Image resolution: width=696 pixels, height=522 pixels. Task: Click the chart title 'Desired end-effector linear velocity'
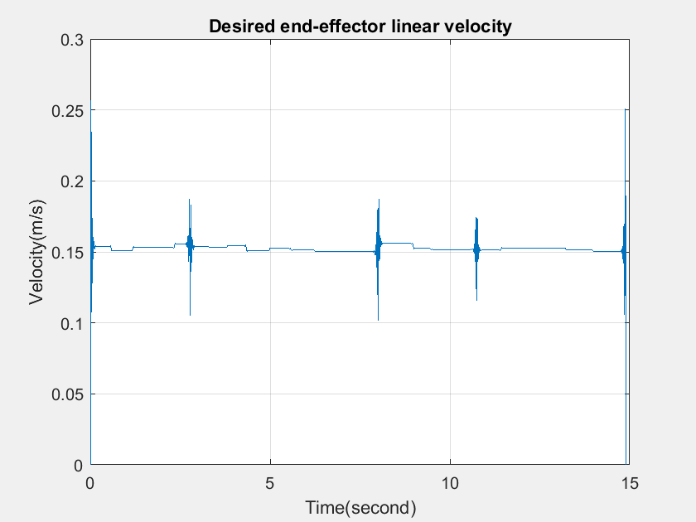(x=360, y=27)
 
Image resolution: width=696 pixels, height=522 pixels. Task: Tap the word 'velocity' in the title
(x=482, y=27)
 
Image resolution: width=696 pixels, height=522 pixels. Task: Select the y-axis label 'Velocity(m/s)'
(x=37, y=253)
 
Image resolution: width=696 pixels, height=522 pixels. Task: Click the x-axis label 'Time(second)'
(x=360, y=506)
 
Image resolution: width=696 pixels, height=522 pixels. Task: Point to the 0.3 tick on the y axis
(x=70, y=40)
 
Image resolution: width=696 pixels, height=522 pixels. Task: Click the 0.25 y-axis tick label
(x=66, y=111)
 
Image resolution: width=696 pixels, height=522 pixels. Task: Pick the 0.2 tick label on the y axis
(x=70, y=181)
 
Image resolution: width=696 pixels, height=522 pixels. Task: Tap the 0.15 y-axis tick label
(x=66, y=253)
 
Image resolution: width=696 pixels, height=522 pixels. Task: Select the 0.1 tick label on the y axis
(x=70, y=323)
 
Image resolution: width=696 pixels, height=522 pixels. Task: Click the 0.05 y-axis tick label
(x=66, y=394)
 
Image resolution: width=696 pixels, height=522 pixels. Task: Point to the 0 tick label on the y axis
(x=78, y=465)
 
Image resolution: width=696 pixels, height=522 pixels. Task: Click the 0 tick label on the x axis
(x=90, y=482)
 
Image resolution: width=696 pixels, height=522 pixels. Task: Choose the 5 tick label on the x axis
(x=270, y=482)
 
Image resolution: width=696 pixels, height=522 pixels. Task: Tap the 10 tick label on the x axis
(x=449, y=482)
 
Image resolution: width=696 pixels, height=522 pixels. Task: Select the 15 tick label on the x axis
(x=628, y=482)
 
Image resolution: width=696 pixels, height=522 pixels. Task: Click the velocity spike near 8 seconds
(x=378, y=249)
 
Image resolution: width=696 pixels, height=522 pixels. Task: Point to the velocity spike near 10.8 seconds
(x=476, y=249)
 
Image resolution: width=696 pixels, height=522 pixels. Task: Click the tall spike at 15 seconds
(x=625, y=166)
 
